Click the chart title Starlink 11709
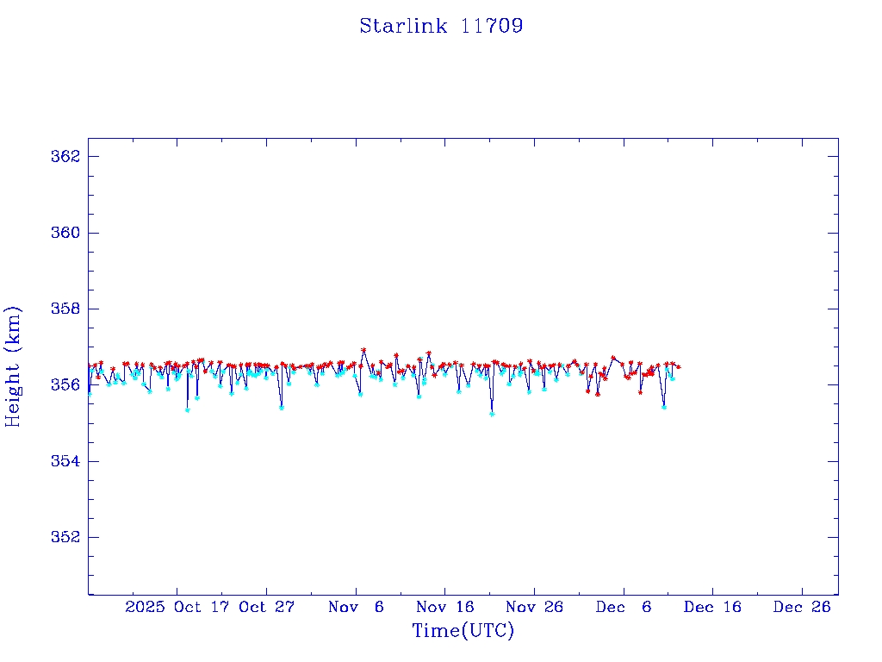pyautogui.click(x=441, y=26)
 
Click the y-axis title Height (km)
pyautogui.click(x=13, y=365)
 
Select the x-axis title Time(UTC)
pyautogui.click(x=463, y=631)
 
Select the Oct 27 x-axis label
pyautogui.click(x=267, y=607)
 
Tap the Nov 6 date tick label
pyautogui.click(x=357, y=607)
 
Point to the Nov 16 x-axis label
pyautogui.click(x=445, y=607)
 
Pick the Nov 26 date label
pyautogui.click(x=535, y=607)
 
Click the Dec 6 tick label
pyautogui.click(x=624, y=607)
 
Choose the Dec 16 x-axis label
pyautogui.click(x=713, y=607)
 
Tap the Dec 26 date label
pyautogui.click(x=802, y=607)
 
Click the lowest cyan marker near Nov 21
pyautogui.click(x=492, y=414)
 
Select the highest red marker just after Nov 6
pyautogui.click(x=363, y=350)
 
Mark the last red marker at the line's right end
pyautogui.click(x=679, y=366)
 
